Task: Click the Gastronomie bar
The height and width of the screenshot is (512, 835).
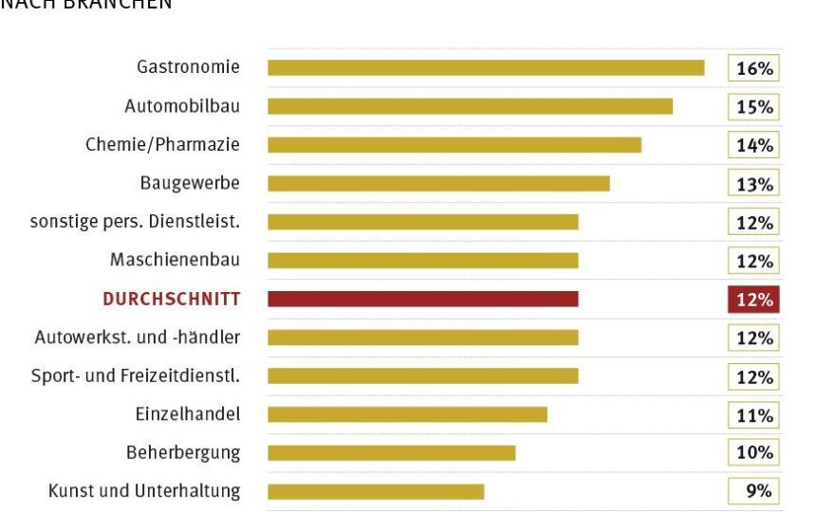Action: pyautogui.click(x=486, y=67)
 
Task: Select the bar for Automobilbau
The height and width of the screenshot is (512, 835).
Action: pyautogui.click(x=470, y=106)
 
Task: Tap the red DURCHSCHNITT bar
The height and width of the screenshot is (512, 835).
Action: pyautogui.click(x=422, y=299)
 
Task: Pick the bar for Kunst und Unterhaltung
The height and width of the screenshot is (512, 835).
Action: pyautogui.click(x=376, y=491)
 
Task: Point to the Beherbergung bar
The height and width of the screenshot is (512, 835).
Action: pyautogui.click(x=391, y=452)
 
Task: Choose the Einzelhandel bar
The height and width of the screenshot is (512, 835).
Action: pyautogui.click(x=407, y=414)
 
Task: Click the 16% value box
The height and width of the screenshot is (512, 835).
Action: pyautogui.click(x=753, y=68)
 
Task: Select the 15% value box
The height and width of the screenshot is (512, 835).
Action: pyautogui.click(x=753, y=107)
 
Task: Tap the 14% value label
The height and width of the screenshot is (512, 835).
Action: pyautogui.click(x=753, y=145)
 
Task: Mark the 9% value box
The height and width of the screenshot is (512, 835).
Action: pyautogui.click(x=753, y=491)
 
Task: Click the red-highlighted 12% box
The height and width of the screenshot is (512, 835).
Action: pyautogui.click(x=753, y=300)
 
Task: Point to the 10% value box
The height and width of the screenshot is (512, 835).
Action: pyautogui.click(x=753, y=452)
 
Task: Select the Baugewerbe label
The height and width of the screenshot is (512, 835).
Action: pyautogui.click(x=190, y=183)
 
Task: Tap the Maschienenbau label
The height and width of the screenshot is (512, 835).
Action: pyautogui.click(x=175, y=260)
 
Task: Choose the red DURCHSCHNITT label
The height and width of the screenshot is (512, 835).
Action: pyautogui.click(x=171, y=300)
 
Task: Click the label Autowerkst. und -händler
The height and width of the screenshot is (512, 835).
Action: pyautogui.click(x=138, y=338)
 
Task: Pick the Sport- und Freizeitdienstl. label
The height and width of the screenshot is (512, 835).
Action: pyautogui.click(x=135, y=375)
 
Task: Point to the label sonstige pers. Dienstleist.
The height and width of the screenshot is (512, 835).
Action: pyautogui.click(x=135, y=222)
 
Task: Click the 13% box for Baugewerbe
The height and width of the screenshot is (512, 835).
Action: pyautogui.click(x=753, y=184)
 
